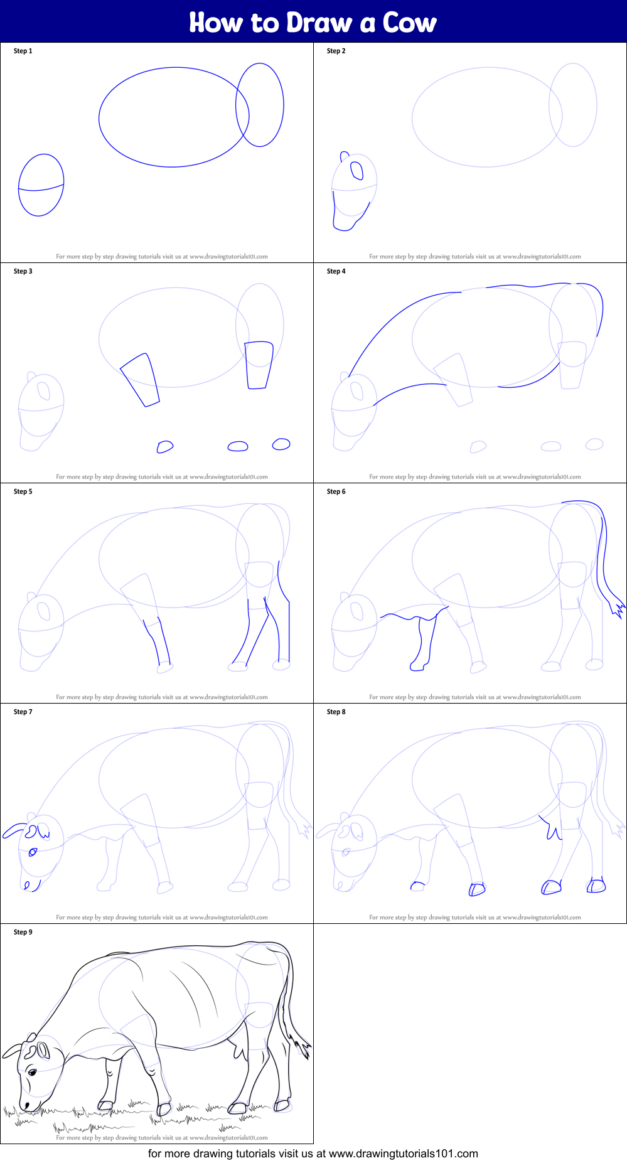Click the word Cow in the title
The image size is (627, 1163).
click(x=410, y=23)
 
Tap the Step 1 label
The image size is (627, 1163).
click(x=23, y=51)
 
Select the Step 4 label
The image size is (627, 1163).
click(x=336, y=271)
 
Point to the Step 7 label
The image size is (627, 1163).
click(x=23, y=712)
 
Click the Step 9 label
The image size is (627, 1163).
click(x=23, y=932)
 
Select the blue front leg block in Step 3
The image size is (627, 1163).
click(x=140, y=380)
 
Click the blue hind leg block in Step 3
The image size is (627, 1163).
click(x=259, y=365)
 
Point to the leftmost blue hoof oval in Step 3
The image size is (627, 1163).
click(x=164, y=446)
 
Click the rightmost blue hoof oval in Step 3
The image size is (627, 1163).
click(x=281, y=444)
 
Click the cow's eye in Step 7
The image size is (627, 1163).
click(x=33, y=852)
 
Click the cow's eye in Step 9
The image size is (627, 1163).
click(x=31, y=1071)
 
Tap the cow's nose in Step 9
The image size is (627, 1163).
click(x=26, y=1105)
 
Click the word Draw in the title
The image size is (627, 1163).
click(x=319, y=23)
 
